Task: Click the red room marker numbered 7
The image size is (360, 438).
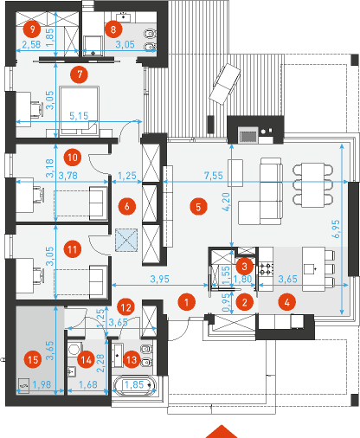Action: [x=79, y=74]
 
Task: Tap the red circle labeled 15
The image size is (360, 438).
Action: [x=33, y=360]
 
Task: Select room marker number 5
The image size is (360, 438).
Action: [x=198, y=207]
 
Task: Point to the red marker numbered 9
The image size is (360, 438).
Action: [x=32, y=29]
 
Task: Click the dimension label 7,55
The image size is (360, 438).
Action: [x=214, y=176]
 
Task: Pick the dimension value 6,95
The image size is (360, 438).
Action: [x=336, y=229]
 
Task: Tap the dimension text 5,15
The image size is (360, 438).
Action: [x=79, y=116]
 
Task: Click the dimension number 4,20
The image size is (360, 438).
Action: [x=226, y=202]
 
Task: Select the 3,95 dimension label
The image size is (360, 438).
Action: [x=160, y=279]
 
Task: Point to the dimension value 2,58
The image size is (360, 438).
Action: [x=32, y=44]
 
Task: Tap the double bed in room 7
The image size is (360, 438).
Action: [x=79, y=111]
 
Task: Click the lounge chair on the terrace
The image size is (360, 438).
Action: [x=225, y=84]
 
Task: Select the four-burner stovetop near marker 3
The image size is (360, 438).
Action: [x=266, y=269]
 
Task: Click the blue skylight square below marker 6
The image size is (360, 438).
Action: [x=126, y=240]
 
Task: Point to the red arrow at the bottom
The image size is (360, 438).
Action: [x=222, y=431]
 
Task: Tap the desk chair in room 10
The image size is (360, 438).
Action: [x=39, y=194]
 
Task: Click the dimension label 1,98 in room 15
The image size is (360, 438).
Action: [x=42, y=384]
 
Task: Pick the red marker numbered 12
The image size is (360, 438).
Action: [x=126, y=307]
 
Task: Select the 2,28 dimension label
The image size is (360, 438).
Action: [x=101, y=364]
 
